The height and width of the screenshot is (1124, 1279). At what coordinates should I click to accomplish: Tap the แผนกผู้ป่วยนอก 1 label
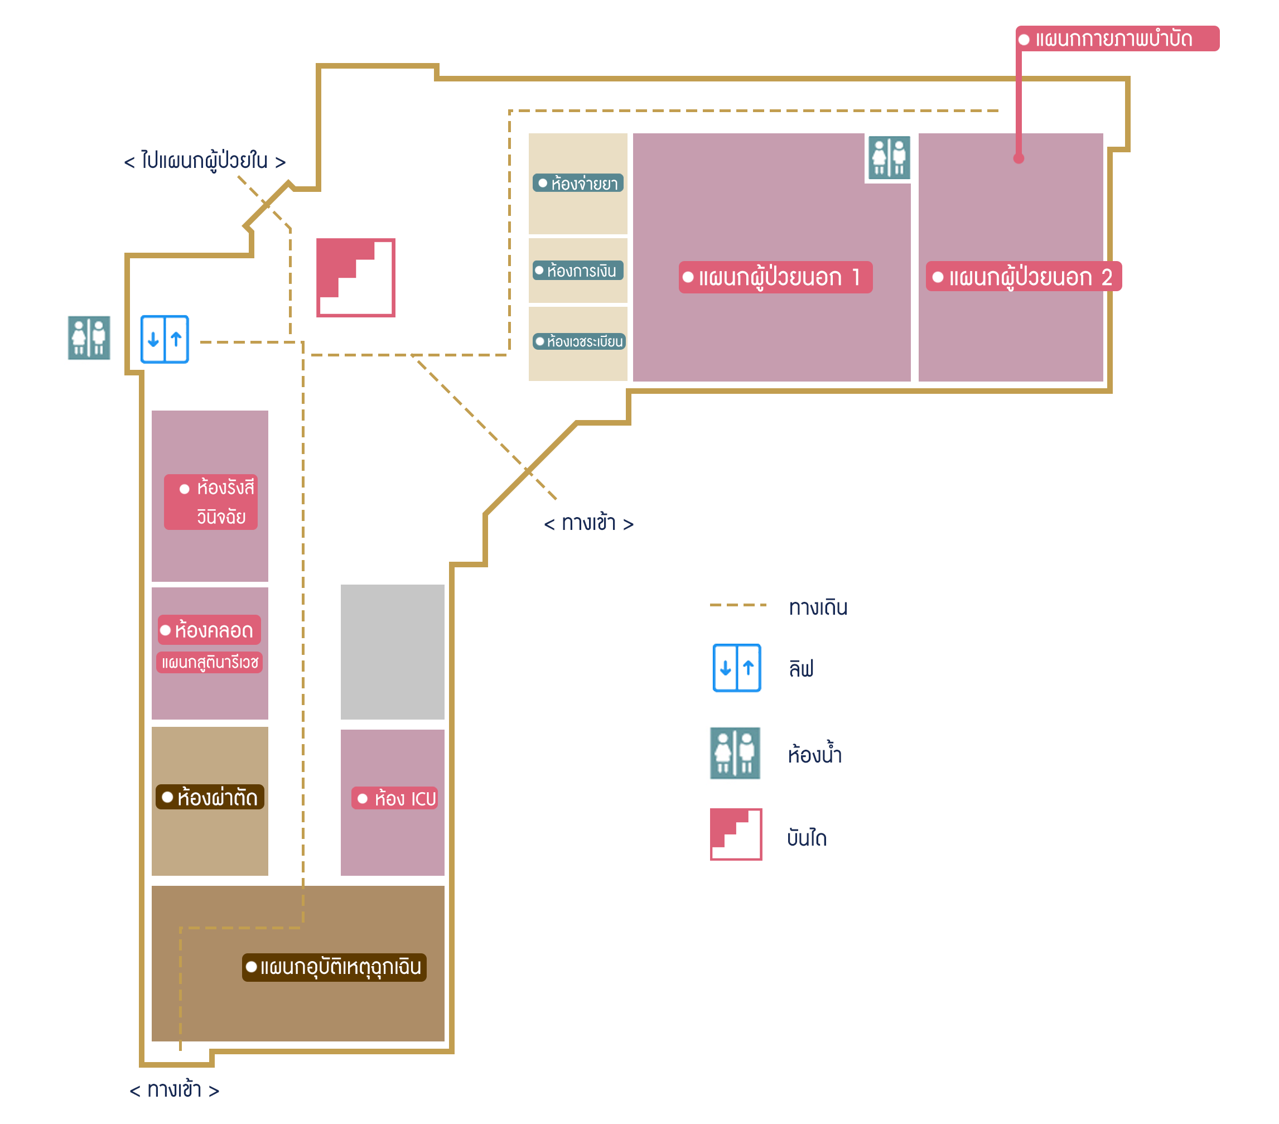(x=775, y=277)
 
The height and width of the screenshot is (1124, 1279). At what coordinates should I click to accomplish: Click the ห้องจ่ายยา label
(x=578, y=184)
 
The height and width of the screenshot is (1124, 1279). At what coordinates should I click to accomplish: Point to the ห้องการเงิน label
(x=578, y=271)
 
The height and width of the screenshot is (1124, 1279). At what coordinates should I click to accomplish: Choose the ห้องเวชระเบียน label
(x=579, y=342)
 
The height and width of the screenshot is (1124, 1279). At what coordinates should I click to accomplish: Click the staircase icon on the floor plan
(x=355, y=278)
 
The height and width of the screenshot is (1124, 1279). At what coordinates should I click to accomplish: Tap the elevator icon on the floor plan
(x=165, y=339)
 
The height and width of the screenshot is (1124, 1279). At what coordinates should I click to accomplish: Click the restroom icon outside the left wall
(x=89, y=338)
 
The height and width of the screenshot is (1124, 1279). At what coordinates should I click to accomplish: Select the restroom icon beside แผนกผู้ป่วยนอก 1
(x=889, y=157)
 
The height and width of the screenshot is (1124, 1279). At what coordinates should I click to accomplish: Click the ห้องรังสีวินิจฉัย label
(x=211, y=502)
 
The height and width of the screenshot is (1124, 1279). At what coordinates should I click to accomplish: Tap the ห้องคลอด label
(x=209, y=630)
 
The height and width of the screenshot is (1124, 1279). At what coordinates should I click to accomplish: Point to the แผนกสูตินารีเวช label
(x=209, y=662)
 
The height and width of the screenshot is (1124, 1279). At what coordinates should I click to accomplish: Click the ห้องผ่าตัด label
(x=210, y=797)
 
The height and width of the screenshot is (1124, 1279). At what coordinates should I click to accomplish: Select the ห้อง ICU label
(x=394, y=799)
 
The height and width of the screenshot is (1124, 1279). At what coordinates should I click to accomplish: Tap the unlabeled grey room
(x=392, y=652)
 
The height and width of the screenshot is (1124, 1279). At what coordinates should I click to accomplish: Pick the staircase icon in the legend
(x=736, y=834)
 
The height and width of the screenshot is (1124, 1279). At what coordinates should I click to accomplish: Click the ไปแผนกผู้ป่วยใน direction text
(x=205, y=161)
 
